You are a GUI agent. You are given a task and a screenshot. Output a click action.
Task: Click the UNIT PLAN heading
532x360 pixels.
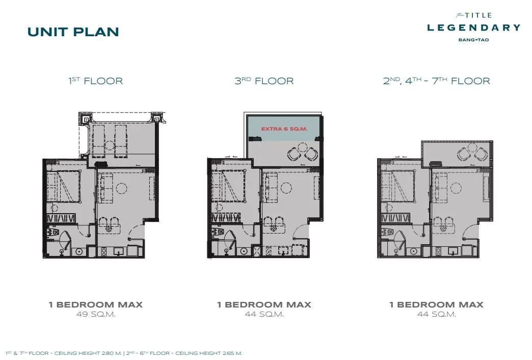coord(73,32)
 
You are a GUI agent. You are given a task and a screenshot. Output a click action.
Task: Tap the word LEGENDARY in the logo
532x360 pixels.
coord(473,28)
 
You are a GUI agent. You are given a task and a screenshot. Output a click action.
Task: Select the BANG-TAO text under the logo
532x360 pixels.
coord(473,40)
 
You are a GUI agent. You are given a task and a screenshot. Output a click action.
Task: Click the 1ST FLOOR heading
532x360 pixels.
coord(96,81)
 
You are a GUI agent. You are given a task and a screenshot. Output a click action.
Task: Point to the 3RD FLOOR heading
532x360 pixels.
coord(264,81)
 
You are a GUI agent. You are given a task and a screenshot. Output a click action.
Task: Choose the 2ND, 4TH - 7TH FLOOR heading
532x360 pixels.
coord(437,81)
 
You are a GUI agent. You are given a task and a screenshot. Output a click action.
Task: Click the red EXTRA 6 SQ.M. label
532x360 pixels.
coord(284,128)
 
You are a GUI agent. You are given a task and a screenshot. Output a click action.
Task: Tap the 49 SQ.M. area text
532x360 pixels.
coord(96,314)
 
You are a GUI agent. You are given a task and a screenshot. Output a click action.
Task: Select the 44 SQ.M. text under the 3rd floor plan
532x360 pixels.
coord(264,314)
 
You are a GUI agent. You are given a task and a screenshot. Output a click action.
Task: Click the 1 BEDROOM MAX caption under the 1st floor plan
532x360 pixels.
coord(96,304)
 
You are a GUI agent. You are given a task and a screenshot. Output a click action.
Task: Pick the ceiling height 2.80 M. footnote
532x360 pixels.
coord(64,353)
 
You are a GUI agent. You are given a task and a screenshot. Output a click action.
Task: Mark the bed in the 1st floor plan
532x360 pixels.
coord(64,186)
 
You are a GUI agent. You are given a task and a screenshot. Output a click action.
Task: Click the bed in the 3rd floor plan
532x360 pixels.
coord(228,186)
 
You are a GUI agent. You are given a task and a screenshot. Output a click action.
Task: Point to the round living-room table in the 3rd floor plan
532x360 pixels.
coord(286,188)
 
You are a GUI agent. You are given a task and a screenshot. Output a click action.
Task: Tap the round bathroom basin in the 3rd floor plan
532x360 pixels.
coord(244,251)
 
